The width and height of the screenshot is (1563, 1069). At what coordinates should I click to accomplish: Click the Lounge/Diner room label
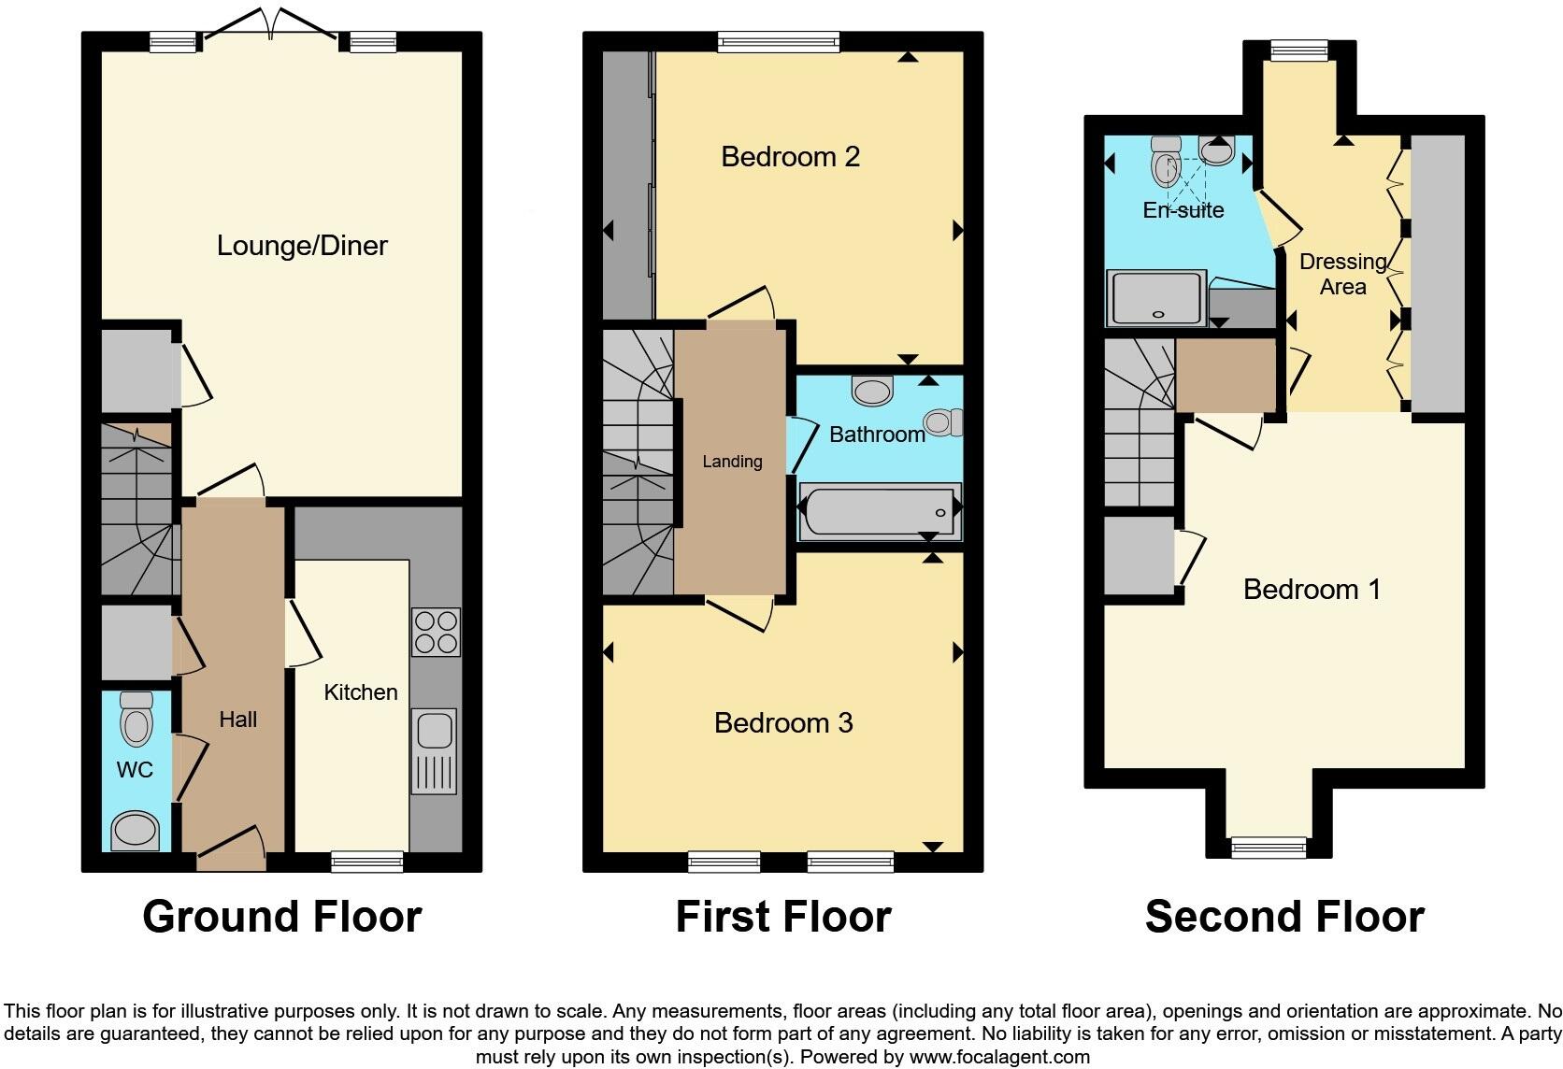point(302,246)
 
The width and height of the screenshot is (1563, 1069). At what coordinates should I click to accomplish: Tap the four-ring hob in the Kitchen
point(436,633)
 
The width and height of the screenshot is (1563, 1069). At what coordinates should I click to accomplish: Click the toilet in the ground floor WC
point(136,719)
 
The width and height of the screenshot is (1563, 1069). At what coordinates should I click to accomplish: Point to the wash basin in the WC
point(135,831)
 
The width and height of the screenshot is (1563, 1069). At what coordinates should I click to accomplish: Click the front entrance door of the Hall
point(231,846)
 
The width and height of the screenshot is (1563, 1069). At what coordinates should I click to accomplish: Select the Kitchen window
point(367,862)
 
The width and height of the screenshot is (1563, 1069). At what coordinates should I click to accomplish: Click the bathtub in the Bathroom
point(879,512)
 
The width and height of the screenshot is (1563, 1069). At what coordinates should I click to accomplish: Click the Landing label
point(732,462)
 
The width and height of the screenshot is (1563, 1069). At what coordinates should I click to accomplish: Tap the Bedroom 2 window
point(778,41)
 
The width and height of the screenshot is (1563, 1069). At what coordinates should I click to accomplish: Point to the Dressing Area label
point(1342,274)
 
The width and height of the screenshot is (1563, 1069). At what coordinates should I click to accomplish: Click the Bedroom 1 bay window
point(1269,848)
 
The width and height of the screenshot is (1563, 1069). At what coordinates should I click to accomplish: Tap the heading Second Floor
point(1284,917)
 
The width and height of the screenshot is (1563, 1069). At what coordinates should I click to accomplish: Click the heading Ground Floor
point(281,917)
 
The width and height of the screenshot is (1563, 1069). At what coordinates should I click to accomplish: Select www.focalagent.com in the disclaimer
point(999,1057)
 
